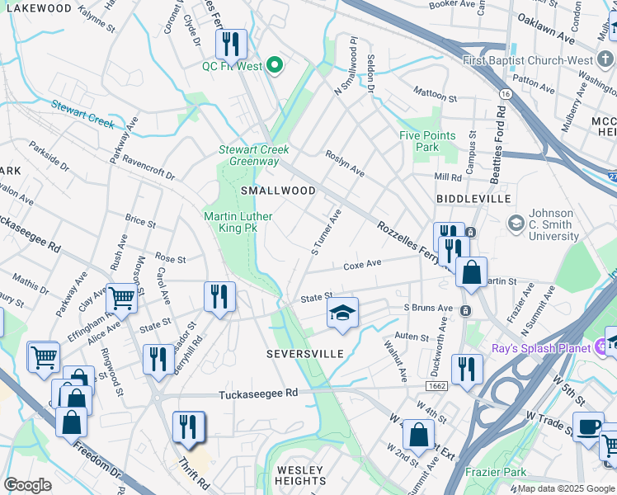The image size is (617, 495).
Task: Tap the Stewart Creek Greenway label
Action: (x=253, y=155)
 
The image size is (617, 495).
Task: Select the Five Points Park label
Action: (x=427, y=141)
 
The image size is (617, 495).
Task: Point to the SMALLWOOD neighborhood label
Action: (x=278, y=191)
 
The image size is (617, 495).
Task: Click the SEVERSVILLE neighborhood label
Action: (x=304, y=353)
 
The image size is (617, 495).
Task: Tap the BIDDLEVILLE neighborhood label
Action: (x=473, y=199)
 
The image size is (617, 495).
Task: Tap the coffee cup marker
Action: (x=589, y=427)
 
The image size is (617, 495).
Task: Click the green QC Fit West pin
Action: (x=276, y=65)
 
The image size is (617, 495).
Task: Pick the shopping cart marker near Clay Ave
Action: (x=121, y=299)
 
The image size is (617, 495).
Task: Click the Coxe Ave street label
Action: (x=362, y=264)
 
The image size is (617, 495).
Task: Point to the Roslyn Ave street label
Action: (x=345, y=163)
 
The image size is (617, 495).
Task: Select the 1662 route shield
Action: (x=437, y=385)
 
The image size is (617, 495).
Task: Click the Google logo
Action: (x=27, y=485)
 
